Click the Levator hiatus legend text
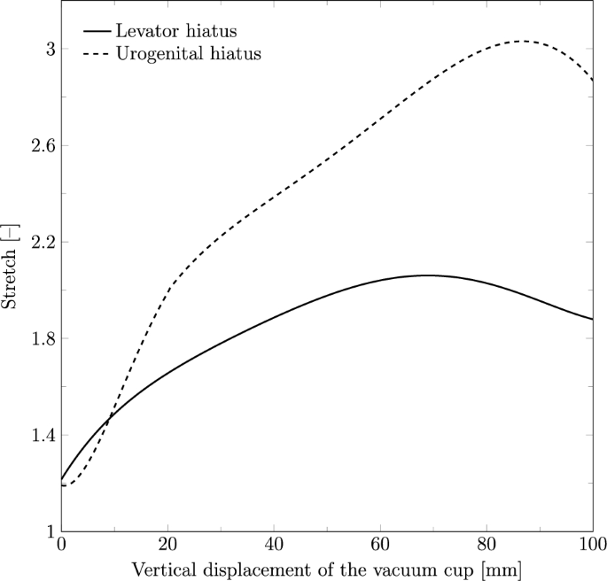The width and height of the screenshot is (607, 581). pos(176,32)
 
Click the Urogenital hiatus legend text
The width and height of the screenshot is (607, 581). pos(188,55)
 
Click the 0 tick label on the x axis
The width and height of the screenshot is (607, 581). pos(61,543)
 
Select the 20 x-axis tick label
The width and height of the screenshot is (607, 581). pos(167,543)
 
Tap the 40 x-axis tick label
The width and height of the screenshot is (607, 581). pos(274,543)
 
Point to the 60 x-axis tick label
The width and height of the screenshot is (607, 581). pos(380,543)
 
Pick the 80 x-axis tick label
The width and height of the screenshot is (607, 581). pos(486,543)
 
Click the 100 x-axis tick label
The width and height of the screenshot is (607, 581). pos(591,543)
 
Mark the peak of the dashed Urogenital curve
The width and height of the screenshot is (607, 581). pos(523,41)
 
